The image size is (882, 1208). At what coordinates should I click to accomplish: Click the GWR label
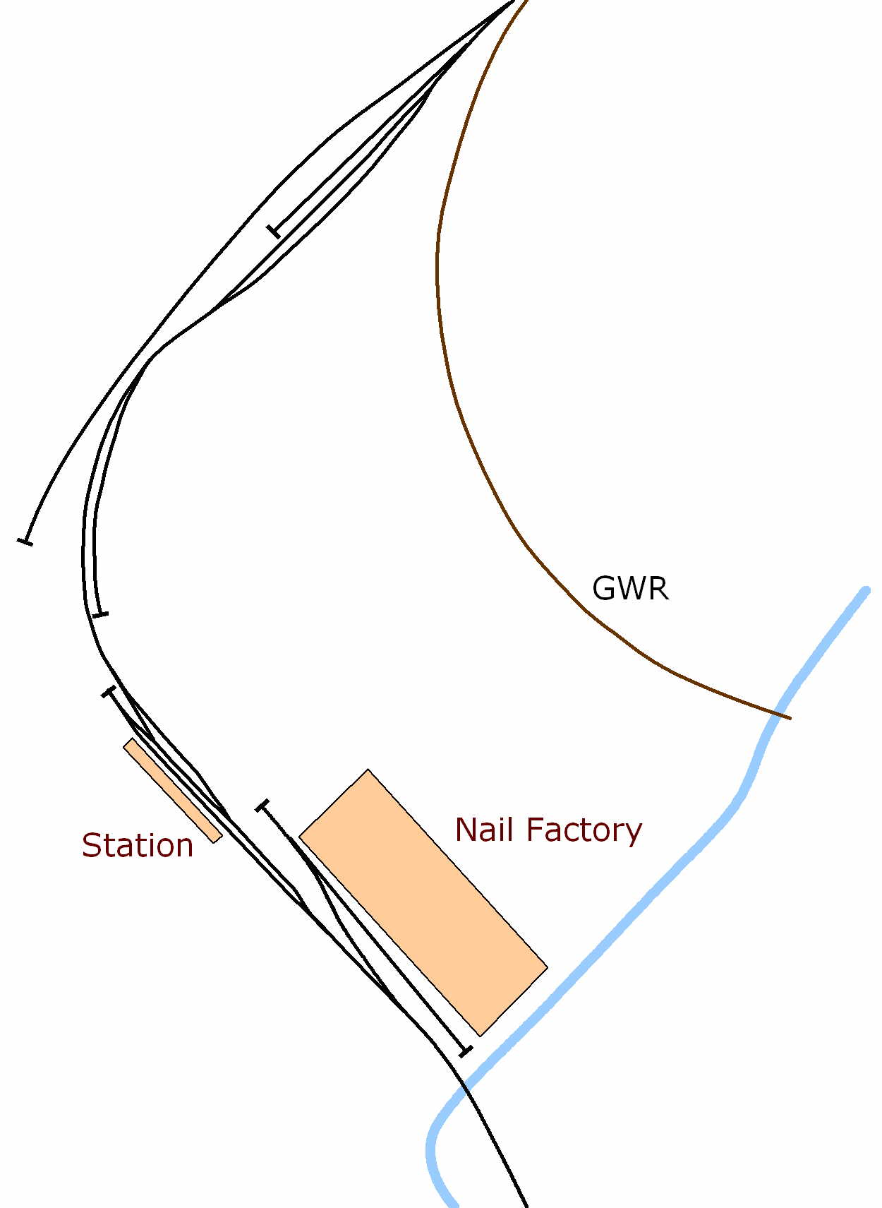(x=629, y=588)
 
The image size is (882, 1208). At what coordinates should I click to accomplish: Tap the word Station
(x=138, y=845)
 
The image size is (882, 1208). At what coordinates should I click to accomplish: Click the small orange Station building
(x=173, y=790)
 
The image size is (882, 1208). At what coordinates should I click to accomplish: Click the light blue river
(x=635, y=911)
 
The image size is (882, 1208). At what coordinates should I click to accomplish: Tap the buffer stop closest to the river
(x=465, y=1051)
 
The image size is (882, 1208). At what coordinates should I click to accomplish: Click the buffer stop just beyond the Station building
(x=109, y=692)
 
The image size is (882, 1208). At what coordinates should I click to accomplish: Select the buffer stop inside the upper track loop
(x=274, y=230)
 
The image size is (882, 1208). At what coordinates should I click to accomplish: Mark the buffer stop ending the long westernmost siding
(x=25, y=542)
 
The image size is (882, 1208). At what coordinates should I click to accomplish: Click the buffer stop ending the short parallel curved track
(x=101, y=614)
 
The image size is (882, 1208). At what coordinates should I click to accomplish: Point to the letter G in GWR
(x=604, y=588)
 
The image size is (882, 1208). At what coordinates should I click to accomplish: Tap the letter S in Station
(x=92, y=845)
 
